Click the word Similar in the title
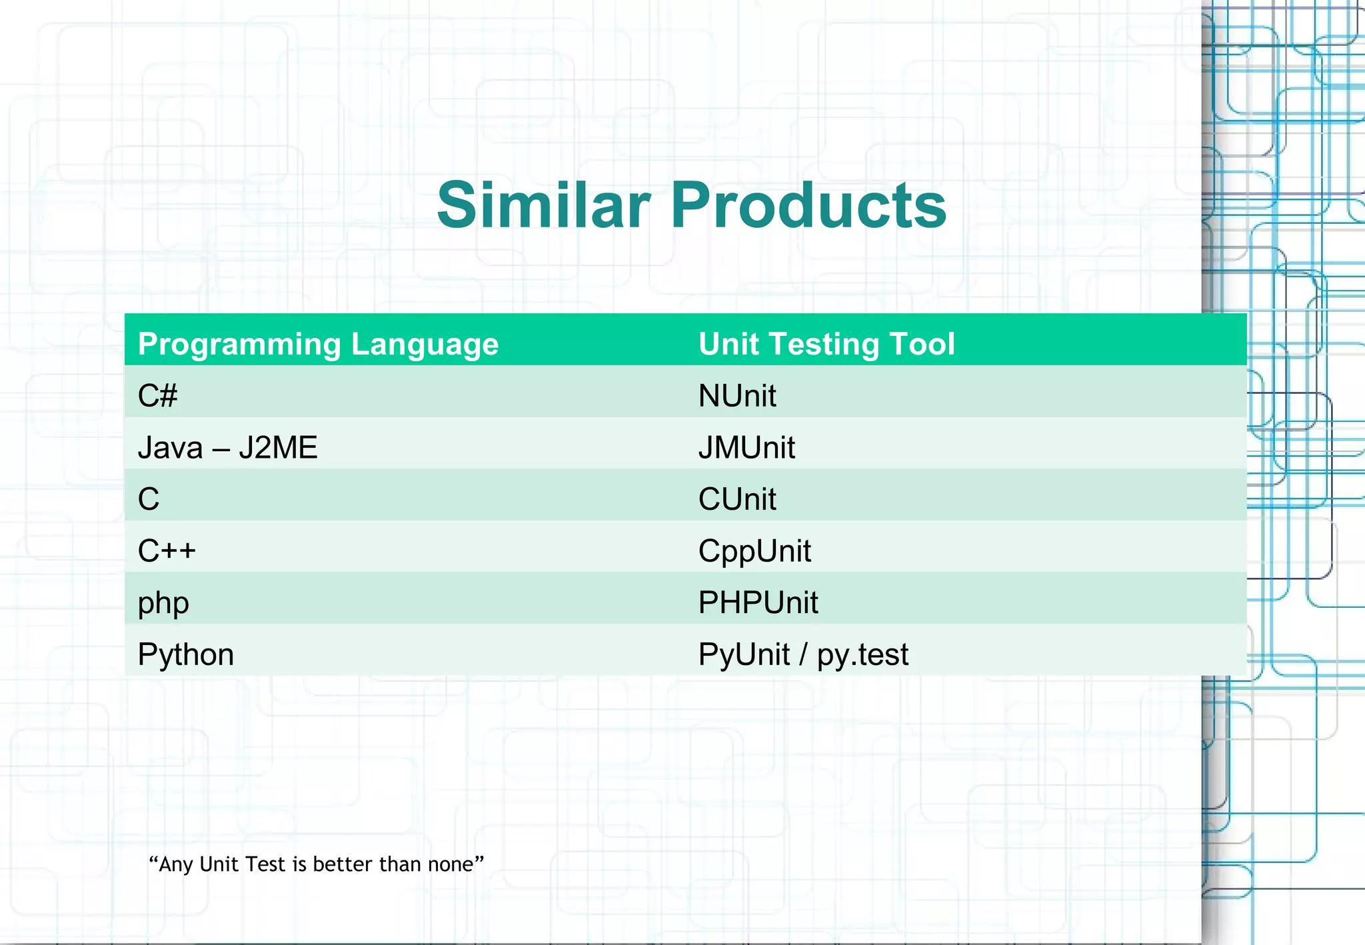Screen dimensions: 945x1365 543,205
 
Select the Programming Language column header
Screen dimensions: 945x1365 318,345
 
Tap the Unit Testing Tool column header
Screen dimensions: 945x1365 826,345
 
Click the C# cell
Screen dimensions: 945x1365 157,396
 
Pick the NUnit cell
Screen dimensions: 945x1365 737,396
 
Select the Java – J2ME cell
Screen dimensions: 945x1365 227,447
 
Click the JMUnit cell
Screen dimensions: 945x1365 746,447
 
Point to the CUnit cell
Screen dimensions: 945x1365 737,499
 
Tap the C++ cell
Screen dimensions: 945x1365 167,550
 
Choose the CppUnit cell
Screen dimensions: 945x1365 754,551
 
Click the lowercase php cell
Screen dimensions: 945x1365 163,603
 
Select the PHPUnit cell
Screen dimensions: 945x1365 758,602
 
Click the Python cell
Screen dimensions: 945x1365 185,654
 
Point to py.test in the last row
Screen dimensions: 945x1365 862,654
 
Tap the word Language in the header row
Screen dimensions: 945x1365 425,345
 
